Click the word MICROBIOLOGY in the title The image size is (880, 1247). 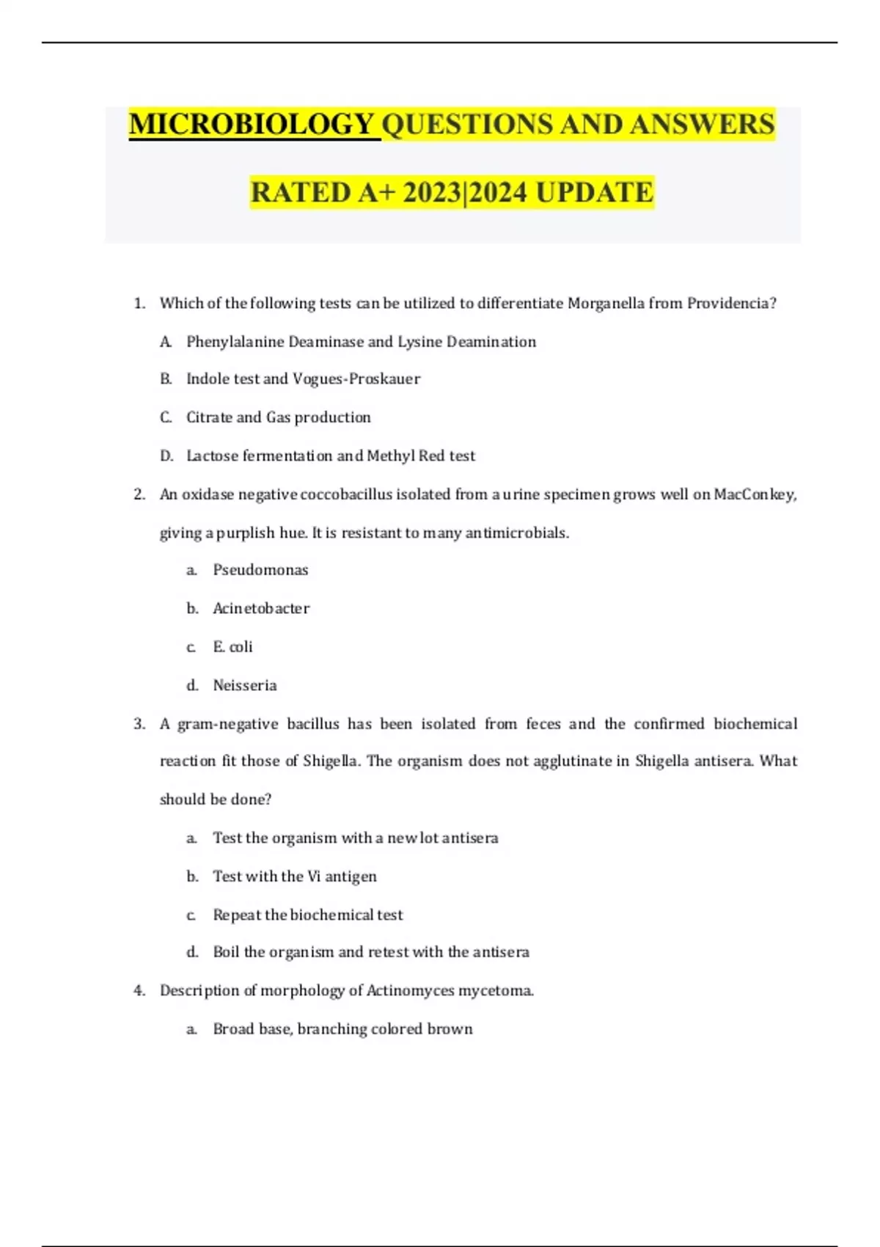254,125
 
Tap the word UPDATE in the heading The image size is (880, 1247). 594,193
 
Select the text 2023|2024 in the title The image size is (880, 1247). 465,193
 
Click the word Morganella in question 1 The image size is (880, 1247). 606,304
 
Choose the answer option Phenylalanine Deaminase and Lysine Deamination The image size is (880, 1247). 361,342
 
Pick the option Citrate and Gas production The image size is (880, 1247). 278,417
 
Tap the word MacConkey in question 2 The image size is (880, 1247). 755,494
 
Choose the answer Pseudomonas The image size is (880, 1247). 260,570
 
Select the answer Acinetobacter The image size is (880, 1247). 261,609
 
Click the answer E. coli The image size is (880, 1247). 232,647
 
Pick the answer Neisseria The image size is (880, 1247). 245,686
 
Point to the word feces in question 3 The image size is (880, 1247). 543,724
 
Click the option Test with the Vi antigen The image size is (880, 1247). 294,877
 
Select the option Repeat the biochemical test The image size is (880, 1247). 308,915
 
